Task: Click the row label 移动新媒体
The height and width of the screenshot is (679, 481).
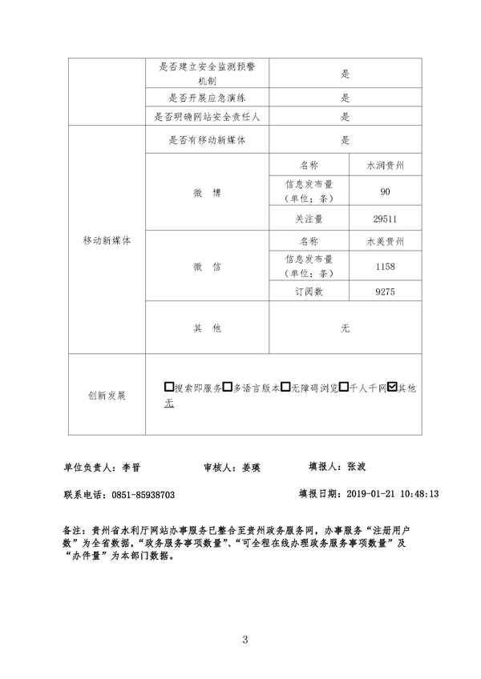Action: click(x=107, y=239)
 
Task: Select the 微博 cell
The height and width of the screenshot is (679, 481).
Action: click(x=206, y=192)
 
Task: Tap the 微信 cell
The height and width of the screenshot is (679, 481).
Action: click(x=206, y=266)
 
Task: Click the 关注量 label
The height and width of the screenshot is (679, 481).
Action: click(x=309, y=218)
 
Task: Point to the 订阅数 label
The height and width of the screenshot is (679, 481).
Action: click(x=309, y=292)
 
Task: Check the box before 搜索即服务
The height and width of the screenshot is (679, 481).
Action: click(x=168, y=388)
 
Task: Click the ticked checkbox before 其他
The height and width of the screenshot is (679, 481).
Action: click(x=392, y=388)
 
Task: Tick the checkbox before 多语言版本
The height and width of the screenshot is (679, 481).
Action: click(x=227, y=388)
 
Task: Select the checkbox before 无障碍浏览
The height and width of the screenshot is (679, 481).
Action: click(x=285, y=388)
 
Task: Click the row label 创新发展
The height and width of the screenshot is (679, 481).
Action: click(x=107, y=396)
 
